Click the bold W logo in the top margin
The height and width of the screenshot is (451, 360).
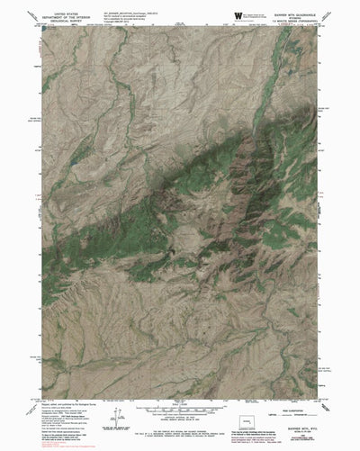(x=238, y=15)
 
